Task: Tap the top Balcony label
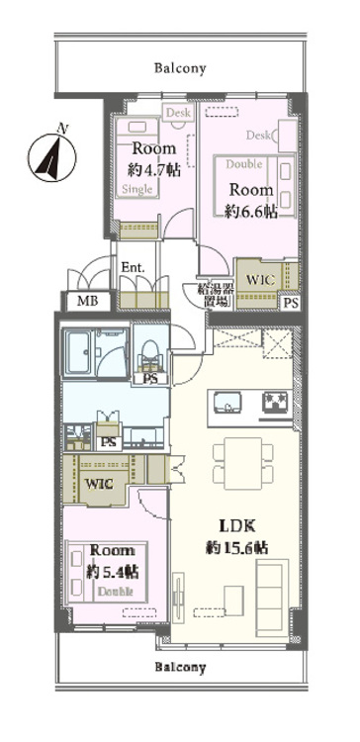(180, 68)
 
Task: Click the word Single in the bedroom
(138, 188)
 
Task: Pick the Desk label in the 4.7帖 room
(178, 114)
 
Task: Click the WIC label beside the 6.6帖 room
(259, 280)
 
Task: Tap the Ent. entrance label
(134, 267)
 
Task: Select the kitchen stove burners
(273, 404)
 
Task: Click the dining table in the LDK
(241, 460)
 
